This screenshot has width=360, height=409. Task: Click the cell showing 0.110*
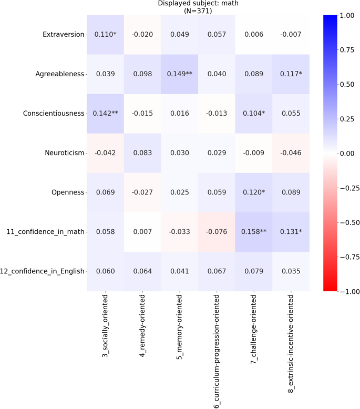coord(105,34)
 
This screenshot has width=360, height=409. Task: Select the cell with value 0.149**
coord(179,74)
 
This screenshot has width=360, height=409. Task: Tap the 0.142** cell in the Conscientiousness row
coord(105,113)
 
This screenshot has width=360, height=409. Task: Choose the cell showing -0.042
coord(105,152)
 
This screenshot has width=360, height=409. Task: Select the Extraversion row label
coord(63,34)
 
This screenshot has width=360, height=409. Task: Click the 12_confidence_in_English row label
coord(44,271)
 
